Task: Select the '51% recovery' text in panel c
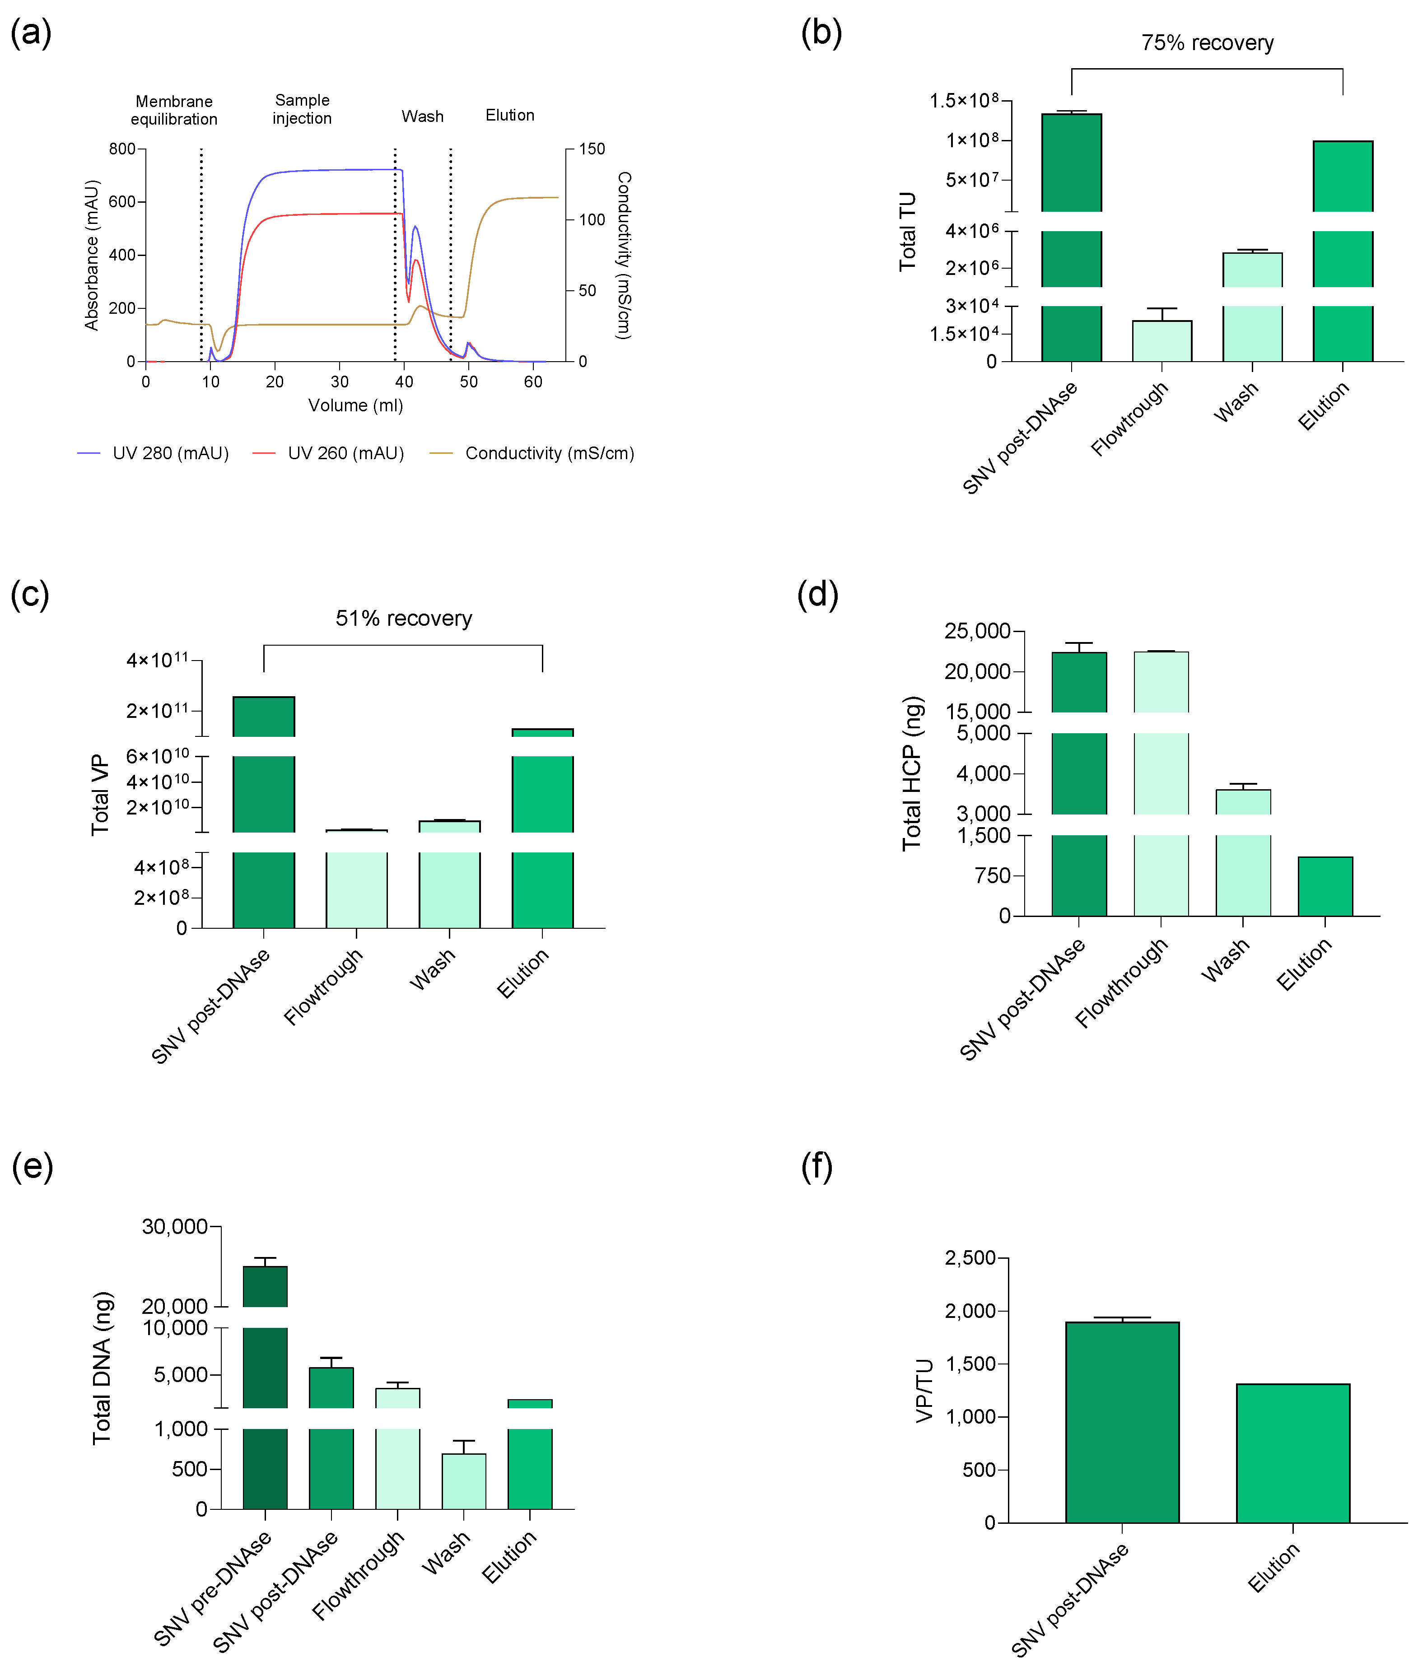point(404,618)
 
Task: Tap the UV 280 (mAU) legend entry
point(153,453)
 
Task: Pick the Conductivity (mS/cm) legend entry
point(532,453)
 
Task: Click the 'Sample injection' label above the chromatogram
point(302,108)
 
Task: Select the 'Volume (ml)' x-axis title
point(355,405)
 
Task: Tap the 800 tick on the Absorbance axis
point(122,149)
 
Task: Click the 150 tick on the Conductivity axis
point(592,149)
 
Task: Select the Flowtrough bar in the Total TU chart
point(1161,341)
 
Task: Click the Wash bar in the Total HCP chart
point(1243,852)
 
